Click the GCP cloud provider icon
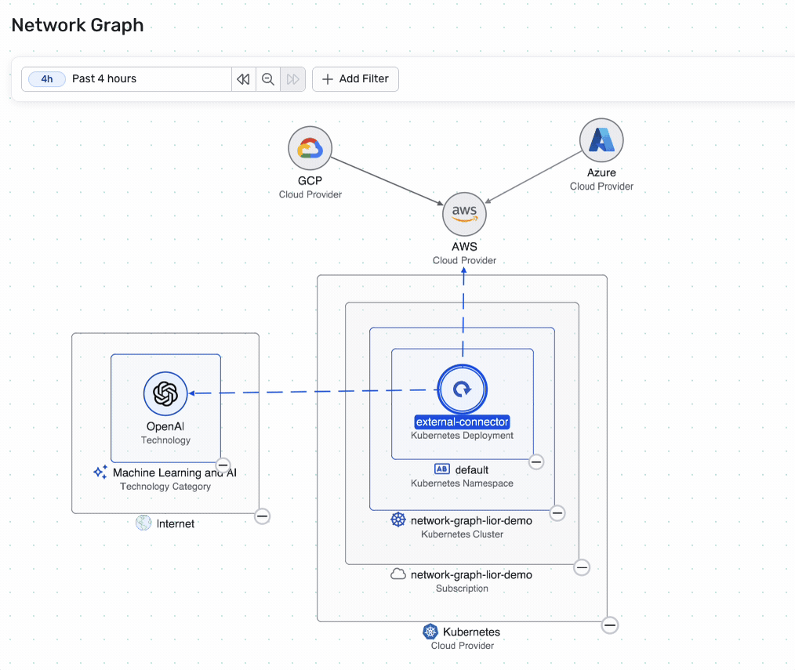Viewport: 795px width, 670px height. [x=310, y=148]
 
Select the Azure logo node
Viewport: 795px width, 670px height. [x=601, y=141]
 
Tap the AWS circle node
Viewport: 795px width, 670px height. [x=464, y=213]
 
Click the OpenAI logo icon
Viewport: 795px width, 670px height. [x=165, y=393]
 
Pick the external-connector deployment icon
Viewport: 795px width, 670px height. [x=463, y=389]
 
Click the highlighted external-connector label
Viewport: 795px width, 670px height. [x=463, y=422]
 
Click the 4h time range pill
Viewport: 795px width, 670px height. [x=47, y=79]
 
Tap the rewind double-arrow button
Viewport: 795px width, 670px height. [x=243, y=79]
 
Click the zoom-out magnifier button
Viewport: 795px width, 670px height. [x=268, y=79]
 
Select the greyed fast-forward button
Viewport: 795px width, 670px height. [x=292, y=79]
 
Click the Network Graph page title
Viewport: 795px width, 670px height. [x=78, y=25]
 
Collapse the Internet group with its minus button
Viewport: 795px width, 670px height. [x=263, y=516]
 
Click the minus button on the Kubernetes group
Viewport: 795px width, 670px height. [x=610, y=625]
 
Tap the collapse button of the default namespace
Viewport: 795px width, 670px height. [x=536, y=462]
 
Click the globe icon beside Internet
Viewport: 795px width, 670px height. [x=143, y=523]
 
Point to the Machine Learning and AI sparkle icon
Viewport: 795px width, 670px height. [x=100, y=473]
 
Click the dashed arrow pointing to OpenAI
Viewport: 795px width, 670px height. [x=314, y=392]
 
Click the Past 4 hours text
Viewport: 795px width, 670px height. [x=104, y=79]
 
